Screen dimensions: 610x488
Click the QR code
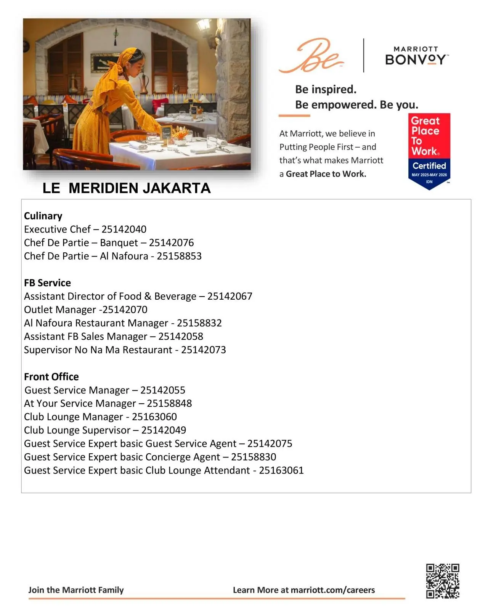(442, 581)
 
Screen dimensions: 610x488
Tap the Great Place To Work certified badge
(429, 151)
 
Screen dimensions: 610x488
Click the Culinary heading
(43, 216)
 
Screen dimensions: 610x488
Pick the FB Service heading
(47, 283)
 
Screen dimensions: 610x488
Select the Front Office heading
(51, 377)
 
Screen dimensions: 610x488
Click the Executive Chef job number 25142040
(124, 229)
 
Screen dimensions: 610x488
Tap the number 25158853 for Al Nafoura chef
(179, 256)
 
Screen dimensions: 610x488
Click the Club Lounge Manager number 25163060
(154, 417)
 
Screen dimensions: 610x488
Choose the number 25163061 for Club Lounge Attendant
(281, 470)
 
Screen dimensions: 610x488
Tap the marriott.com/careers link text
(332, 590)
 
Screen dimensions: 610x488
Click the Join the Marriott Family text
(76, 590)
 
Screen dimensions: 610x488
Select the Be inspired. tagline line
(326, 89)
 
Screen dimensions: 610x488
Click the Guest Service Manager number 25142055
(163, 390)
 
